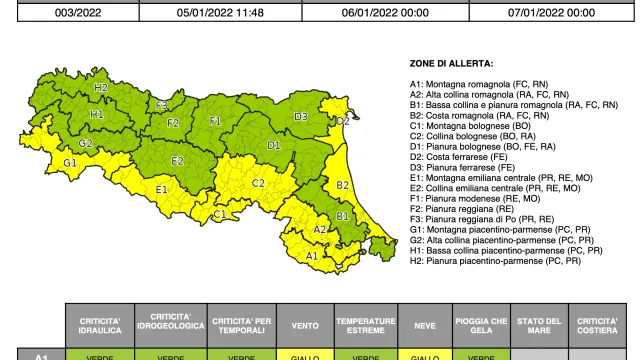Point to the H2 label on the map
[101, 87]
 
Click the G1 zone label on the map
[69, 163]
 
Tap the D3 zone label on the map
[300, 117]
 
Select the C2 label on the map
[257, 183]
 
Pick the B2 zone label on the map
[342, 185]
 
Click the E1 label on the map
[161, 189]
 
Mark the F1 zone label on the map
[214, 121]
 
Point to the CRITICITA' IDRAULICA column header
[99, 325]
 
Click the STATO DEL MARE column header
[540, 325]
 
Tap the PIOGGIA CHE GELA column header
[481, 325]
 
